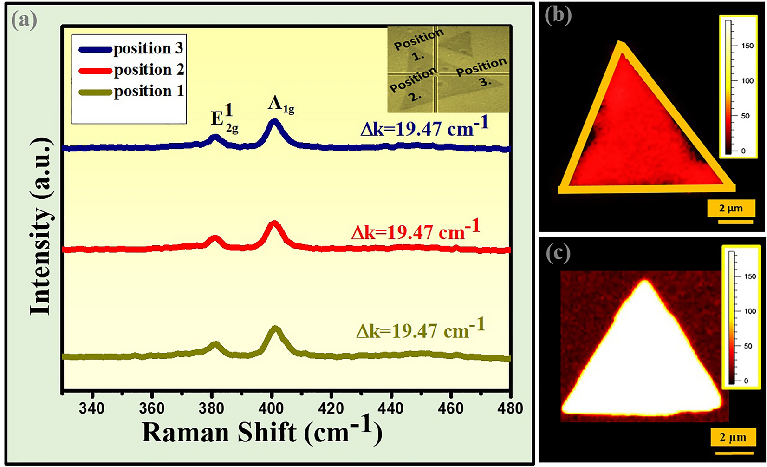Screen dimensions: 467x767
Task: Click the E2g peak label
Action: click(x=224, y=119)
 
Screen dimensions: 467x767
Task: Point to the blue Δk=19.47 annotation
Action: click(x=424, y=128)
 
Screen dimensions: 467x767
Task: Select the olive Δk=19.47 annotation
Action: click(x=421, y=330)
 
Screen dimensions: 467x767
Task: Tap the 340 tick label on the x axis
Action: click(x=92, y=408)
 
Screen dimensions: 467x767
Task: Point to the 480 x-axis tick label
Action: click(x=510, y=408)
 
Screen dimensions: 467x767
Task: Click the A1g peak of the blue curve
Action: click(x=274, y=122)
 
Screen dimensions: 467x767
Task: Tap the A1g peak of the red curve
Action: click(x=274, y=224)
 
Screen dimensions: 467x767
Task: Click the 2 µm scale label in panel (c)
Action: click(x=733, y=437)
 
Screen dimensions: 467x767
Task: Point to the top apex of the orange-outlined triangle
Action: click(x=620, y=44)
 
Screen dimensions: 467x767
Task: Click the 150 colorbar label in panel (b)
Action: click(x=747, y=46)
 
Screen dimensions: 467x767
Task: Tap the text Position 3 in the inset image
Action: click(x=482, y=72)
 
